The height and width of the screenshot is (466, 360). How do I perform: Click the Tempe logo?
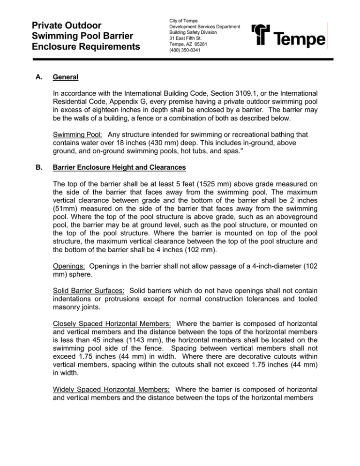(x=289, y=36)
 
